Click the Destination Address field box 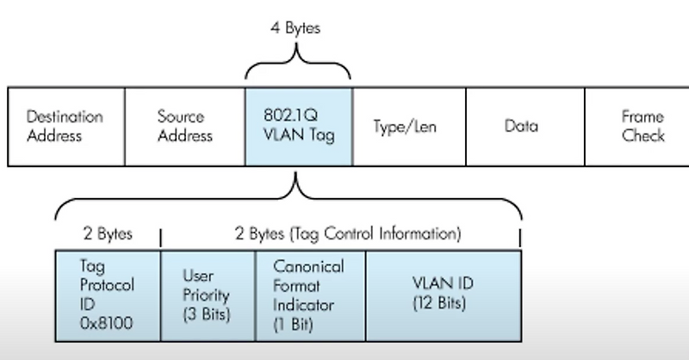[65, 126]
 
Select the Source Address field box [184, 126]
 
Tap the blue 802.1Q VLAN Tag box [298, 126]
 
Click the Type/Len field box [408, 126]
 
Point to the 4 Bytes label [295, 28]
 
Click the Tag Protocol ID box [108, 295]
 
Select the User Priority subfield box [208, 295]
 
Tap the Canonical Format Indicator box [310, 295]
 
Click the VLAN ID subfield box [443, 295]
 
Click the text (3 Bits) [207, 314]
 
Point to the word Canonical [307, 266]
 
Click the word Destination [65, 116]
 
